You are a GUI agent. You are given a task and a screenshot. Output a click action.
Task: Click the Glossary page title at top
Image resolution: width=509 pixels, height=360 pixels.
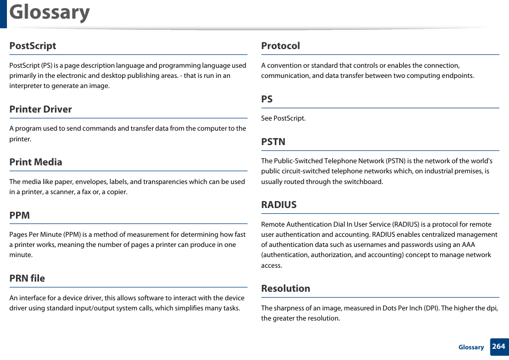[50, 12]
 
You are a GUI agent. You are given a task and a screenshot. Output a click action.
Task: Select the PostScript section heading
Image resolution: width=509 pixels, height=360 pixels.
[33, 46]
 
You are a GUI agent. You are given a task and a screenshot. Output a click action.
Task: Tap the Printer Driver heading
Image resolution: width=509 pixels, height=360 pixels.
[41, 109]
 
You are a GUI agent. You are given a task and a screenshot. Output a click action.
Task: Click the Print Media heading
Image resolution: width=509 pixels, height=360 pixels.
[36, 162]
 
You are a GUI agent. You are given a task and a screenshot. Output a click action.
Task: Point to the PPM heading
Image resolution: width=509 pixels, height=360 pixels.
[19, 215]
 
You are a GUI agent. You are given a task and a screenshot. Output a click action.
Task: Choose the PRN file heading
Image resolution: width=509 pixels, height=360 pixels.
[27, 278]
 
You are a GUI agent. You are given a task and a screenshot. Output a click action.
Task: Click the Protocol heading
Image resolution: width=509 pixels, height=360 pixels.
[281, 46]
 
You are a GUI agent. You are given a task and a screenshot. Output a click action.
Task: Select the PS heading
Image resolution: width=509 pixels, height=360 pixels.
[267, 99]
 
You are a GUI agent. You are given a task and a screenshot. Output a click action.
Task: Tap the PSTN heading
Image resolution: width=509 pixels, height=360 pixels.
[273, 142]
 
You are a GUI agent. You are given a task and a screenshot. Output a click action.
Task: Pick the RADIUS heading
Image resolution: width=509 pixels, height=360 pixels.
[279, 205]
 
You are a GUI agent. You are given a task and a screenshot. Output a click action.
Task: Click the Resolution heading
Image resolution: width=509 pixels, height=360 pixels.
[285, 289]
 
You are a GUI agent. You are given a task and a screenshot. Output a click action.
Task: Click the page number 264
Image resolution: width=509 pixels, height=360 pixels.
[498, 347]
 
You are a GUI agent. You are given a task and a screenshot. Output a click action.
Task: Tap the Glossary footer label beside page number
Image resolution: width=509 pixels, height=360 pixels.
[471, 347]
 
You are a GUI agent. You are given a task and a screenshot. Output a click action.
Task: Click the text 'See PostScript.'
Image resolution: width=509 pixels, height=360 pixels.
[283, 118]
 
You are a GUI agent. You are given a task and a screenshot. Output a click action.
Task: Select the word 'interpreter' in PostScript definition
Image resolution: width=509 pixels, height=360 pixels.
[26, 86]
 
